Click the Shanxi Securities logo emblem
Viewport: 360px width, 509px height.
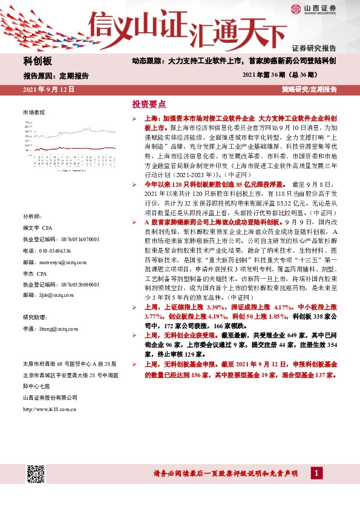click(x=296, y=8)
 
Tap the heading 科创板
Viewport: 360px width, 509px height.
click(x=38, y=62)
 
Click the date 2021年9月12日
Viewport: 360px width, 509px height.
click(x=48, y=89)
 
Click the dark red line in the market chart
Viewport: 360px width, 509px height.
click(x=73, y=132)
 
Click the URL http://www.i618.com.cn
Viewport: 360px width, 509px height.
click(x=49, y=409)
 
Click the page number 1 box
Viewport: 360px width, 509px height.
click(x=315, y=472)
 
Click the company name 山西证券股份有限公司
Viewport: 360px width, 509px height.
click(x=50, y=397)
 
